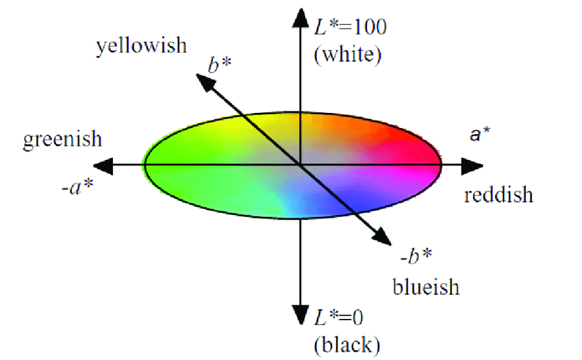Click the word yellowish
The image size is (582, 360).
point(141,46)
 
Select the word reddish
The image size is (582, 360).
point(498,195)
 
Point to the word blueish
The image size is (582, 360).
point(426,285)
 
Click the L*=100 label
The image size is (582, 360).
point(350,27)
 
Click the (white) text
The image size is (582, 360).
point(347,55)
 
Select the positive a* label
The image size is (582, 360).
point(479,135)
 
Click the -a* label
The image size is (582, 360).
point(77,185)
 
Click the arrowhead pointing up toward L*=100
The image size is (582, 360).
point(300,16)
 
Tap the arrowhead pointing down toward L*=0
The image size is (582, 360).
point(300,314)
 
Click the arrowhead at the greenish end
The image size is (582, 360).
point(103,165)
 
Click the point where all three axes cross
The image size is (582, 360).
point(300,165)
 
